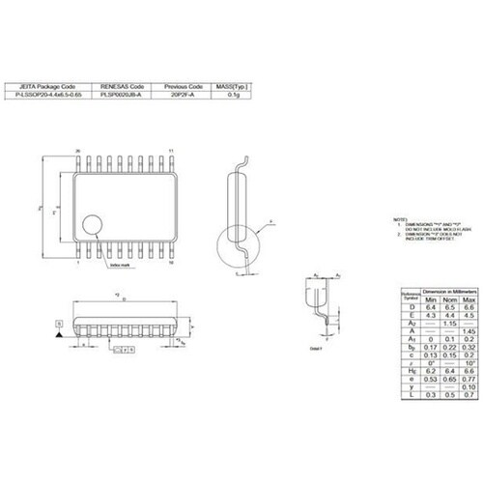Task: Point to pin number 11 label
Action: pos(172,152)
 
